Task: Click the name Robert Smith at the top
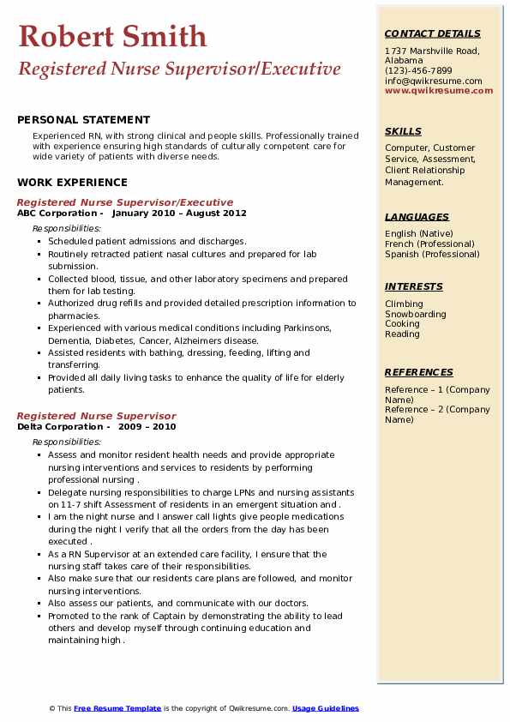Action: [x=112, y=37]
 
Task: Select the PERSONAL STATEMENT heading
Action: [x=83, y=120]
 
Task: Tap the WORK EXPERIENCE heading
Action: [x=72, y=182]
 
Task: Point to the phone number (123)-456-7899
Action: [x=418, y=71]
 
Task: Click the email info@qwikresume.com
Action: [x=433, y=81]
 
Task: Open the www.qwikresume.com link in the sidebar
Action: [x=439, y=90]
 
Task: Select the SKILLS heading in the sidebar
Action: [x=403, y=131]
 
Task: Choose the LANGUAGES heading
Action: [x=417, y=217]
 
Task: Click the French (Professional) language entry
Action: [x=430, y=244]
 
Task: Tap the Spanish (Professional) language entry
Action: [x=432, y=254]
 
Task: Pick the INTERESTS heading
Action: [x=414, y=286]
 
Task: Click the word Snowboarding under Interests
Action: [x=416, y=314]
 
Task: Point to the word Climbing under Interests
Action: [x=404, y=304]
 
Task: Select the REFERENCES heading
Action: [x=419, y=372]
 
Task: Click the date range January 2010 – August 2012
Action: [x=179, y=214]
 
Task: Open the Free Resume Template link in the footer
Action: [x=117, y=708]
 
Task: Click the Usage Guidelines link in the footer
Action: [x=326, y=708]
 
